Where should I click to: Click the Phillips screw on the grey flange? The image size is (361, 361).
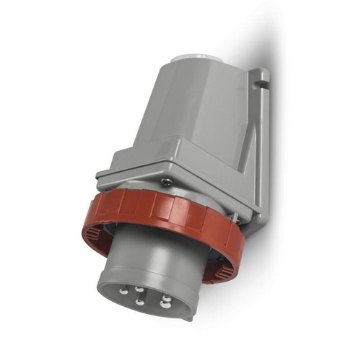click(x=165, y=181)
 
